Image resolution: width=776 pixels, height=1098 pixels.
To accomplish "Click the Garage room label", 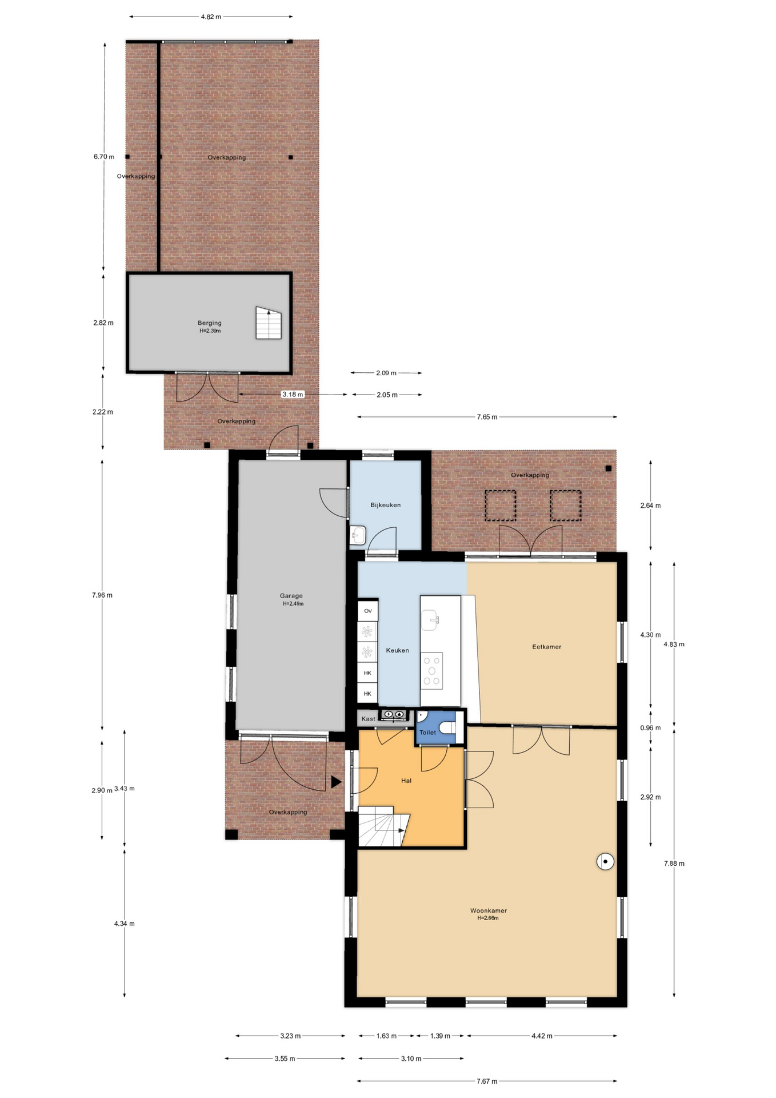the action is coord(291,596).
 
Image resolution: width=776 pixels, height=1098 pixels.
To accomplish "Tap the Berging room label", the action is coord(210,323).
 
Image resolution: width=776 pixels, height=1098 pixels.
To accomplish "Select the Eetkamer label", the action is coord(547,647).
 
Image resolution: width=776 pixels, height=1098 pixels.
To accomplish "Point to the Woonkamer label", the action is coord(489,910).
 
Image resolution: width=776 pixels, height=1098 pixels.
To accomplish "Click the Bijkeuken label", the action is coord(386,505).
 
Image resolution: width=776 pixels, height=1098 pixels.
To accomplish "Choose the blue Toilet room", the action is coord(435,727).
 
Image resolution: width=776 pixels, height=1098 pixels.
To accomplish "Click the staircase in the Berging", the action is coord(269,323).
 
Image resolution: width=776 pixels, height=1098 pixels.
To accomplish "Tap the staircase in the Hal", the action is coord(381,826).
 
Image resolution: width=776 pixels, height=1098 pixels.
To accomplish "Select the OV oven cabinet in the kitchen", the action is coord(368,611).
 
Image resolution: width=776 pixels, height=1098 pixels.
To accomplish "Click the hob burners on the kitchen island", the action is coord(432,671).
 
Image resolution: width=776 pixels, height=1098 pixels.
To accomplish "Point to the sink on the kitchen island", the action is coord(430,620).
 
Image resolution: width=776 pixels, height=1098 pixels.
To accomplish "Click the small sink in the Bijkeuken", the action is coord(358,536).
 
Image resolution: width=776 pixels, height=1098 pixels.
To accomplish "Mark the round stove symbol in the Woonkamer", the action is coord(605,861).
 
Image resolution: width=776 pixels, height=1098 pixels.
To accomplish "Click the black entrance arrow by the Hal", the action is coord(336,782).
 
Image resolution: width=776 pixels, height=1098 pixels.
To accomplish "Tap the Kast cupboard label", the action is coord(369,719).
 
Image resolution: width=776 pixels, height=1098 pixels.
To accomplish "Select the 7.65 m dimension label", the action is coord(487,417).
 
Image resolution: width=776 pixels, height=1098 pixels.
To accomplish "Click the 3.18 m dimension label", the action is coord(293,394).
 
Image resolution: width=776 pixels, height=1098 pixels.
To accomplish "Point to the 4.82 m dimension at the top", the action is coord(211,17).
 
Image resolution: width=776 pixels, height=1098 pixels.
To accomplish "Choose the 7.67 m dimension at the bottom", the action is coord(487,1081).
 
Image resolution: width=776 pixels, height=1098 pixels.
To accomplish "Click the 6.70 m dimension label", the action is coord(104,157).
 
